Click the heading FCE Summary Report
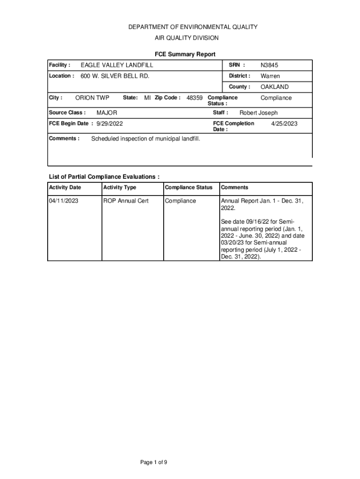(185, 54)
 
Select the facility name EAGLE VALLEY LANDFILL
(117, 65)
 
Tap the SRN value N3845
(269, 65)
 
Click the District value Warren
(270, 76)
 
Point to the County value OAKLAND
(274, 87)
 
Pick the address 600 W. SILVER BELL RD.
(115, 76)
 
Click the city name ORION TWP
(92, 98)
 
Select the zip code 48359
(194, 98)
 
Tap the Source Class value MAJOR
(107, 113)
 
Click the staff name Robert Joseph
(259, 113)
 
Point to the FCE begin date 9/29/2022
(110, 123)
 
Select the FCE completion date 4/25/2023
(284, 123)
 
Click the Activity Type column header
(120, 188)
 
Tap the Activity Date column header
(65, 188)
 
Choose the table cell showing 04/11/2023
(64, 201)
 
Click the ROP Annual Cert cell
(126, 201)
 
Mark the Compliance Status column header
(188, 188)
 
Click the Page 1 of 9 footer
(154, 463)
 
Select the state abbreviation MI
(147, 98)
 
